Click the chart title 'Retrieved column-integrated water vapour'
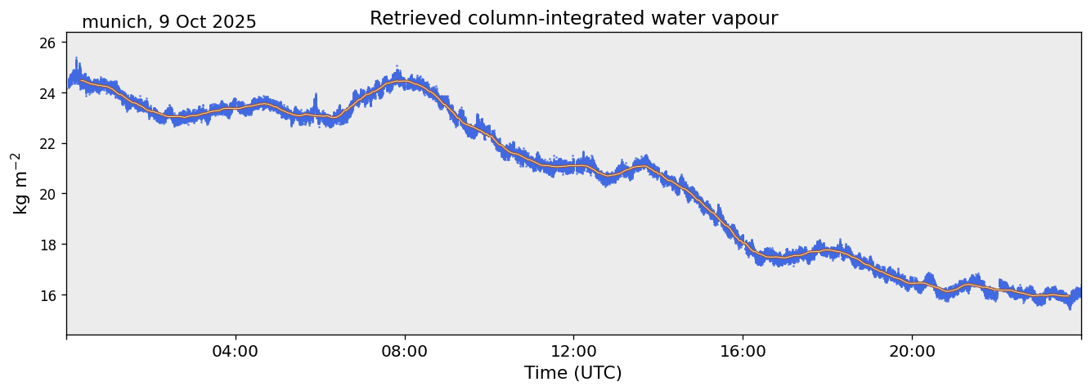pos(573,19)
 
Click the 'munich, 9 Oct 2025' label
pos(168,22)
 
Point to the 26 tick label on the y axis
pos(48,43)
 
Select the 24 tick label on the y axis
pos(48,93)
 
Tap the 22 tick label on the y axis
pos(48,144)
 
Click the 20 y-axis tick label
pos(48,194)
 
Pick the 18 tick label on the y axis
pos(48,245)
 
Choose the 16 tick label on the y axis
pos(48,295)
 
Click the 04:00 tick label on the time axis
pos(236,352)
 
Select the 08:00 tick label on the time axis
pos(405,352)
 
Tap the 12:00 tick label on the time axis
pos(573,352)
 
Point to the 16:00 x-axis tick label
pos(743,352)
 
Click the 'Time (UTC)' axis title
pos(573,374)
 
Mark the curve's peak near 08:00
pos(397,81)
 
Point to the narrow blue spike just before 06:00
pos(315,101)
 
